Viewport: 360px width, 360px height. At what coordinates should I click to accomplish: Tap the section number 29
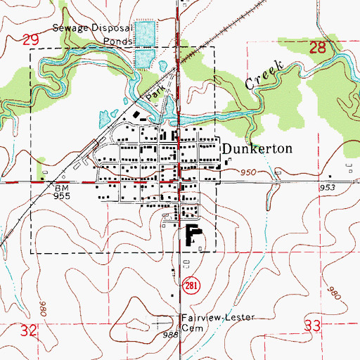[30, 41]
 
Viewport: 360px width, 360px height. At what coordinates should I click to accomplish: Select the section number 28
[319, 48]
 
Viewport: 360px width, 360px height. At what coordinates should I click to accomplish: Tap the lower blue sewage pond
[143, 58]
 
